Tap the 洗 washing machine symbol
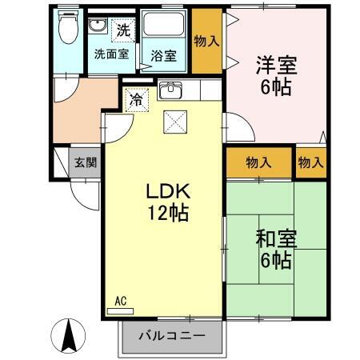pyautogui.click(x=122, y=30)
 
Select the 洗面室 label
pyautogui.click(x=111, y=55)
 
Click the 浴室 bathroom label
pyautogui.click(x=165, y=56)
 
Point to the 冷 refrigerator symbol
pyautogui.click(x=137, y=100)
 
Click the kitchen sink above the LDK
pyautogui.click(x=170, y=90)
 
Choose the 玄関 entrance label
pyautogui.click(x=86, y=162)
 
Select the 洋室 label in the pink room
pyautogui.click(x=272, y=62)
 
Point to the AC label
pyautogui.click(x=120, y=301)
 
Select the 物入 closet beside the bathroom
pyautogui.click(x=206, y=41)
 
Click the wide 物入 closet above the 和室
pyautogui.click(x=258, y=162)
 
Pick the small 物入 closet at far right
pyautogui.click(x=310, y=162)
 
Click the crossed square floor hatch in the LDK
pyautogui.click(x=174, y=122)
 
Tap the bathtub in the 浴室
pyautogui.click(x=166, y=28)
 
